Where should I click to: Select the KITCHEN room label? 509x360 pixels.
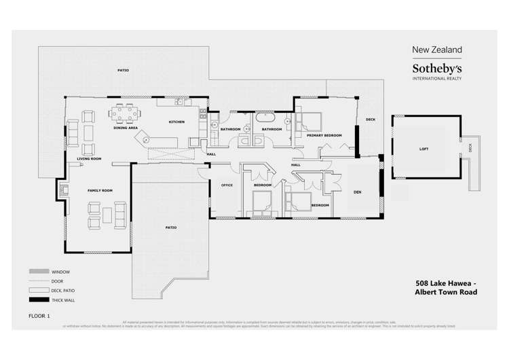[x=176, y=122]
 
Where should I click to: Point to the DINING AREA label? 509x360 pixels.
[x=126, y=128]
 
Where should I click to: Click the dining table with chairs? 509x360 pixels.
[x=125, y=112]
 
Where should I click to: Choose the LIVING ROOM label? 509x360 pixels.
[x=89, y=159]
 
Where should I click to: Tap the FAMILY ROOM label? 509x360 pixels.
[x=100, y=191]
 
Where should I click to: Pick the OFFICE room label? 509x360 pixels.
[x=227, y=185]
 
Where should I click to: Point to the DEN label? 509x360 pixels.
[x=357, y=192]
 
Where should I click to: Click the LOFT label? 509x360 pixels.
[x=423, y=149]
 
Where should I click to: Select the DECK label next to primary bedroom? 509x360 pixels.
[x=370, y=120]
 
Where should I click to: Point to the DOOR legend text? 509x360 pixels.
[x=58, y=281]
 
